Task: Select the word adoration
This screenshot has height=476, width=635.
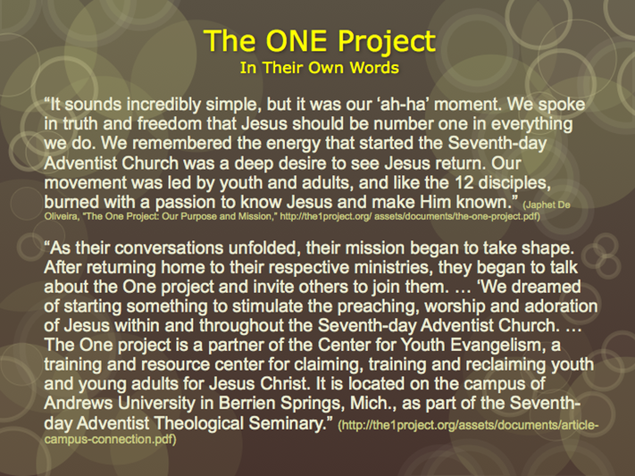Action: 561,306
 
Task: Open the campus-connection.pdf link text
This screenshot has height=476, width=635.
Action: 110,439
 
